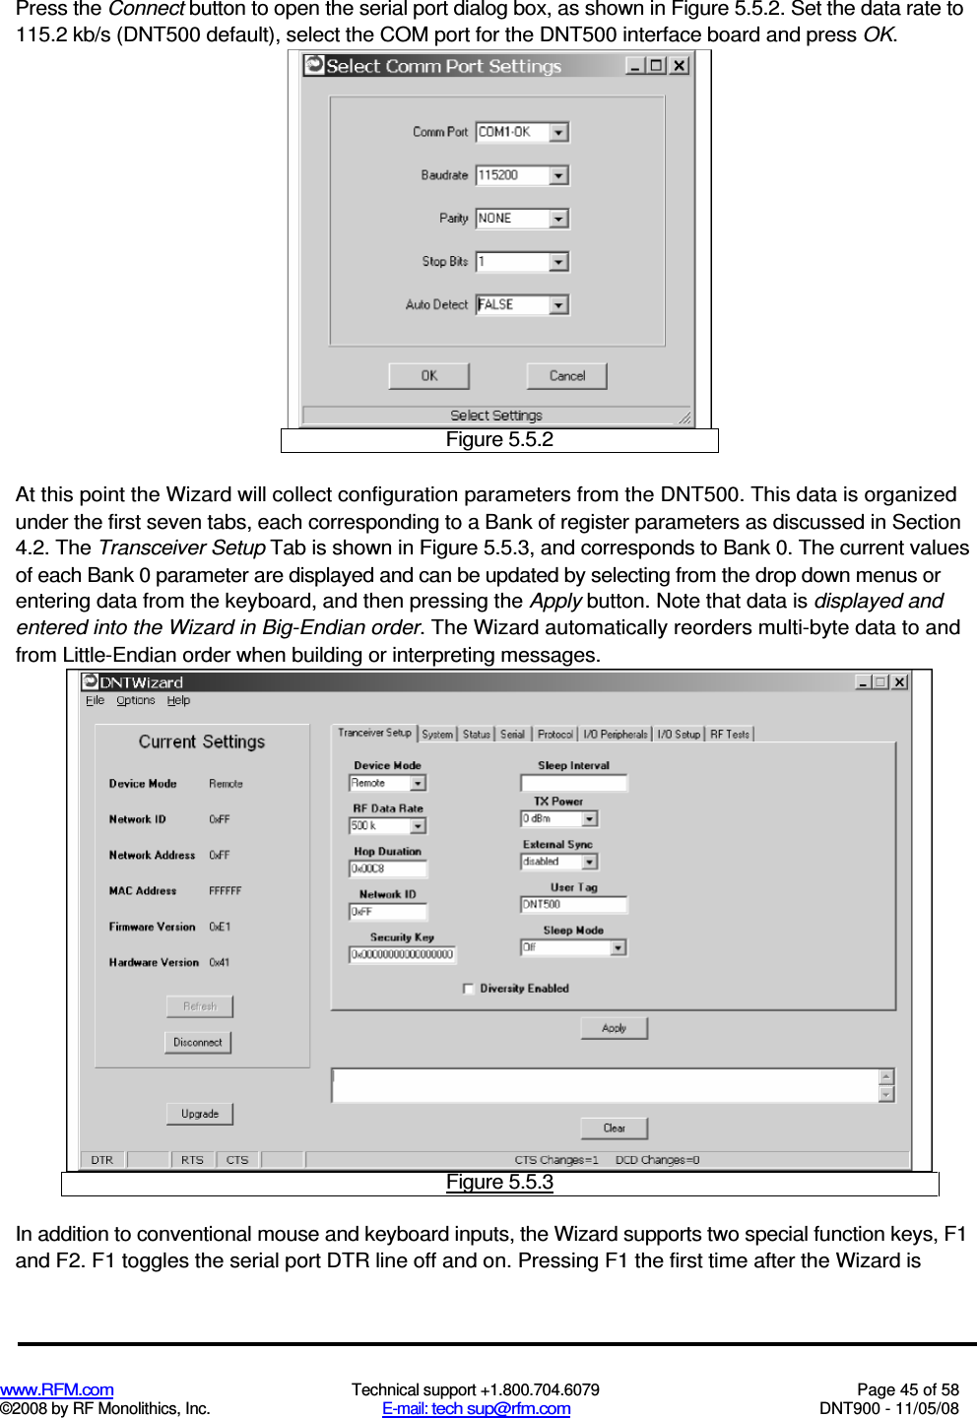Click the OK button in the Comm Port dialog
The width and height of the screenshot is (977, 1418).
(428, 376)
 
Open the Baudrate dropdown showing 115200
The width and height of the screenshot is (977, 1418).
(522, 175)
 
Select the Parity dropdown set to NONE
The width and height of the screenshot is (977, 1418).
(522, 219)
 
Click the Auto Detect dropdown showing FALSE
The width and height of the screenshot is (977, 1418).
(522, 305)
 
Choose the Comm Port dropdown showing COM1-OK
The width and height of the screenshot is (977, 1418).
(522, 132)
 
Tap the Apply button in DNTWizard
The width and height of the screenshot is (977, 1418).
(614, 1028)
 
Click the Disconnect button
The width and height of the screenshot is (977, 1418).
(197, 1042)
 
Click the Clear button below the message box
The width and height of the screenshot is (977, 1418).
(614, 1128)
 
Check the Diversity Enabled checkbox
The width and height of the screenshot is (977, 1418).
(469, 989)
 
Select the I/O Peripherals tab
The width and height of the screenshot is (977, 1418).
(615, 735)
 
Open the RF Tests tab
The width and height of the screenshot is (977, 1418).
(730, 735)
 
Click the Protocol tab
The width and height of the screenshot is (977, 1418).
(554, 735)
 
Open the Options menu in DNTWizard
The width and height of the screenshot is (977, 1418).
(135, 701)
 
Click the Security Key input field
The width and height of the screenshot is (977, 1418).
(402, 954)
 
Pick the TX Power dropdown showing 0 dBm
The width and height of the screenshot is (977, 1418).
(558, 819)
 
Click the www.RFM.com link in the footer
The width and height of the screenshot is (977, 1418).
(56, 1389)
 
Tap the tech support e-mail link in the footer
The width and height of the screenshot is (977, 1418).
(476, 1408)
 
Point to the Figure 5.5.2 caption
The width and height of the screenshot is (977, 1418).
(499, 440)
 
